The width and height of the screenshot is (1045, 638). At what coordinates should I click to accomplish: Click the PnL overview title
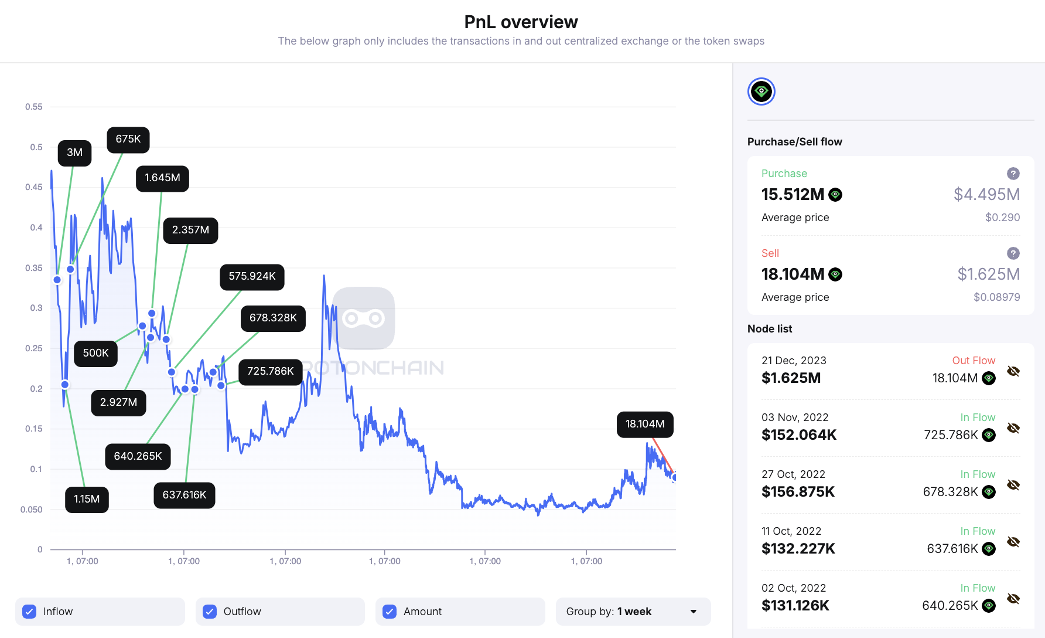pyautogui.click(x=521, y=22)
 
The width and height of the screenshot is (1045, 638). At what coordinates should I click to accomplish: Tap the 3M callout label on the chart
pyautogui.click(x=74, y=153)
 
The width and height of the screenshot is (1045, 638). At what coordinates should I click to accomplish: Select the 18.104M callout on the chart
pyautogui.click(x=644, y=424)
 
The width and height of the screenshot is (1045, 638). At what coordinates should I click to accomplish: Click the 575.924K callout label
pyautogui.click(x=252, y=276)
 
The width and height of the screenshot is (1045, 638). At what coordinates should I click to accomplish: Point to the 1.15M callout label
pyautogui.click(x=87, y=500)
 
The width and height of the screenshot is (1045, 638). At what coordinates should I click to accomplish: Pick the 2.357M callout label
pyautogui.click(x=190, y=230)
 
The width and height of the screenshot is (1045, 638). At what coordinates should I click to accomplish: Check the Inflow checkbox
pyautogui.click(x=29, y=612)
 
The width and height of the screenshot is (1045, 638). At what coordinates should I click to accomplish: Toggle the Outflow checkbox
pyautogui.click(x=210, y=612)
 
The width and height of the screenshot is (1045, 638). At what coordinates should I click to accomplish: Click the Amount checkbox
pyautogui.click(x=390, y=612)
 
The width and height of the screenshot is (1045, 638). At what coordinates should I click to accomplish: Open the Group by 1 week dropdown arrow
pyautogui.click(x=694, y=612)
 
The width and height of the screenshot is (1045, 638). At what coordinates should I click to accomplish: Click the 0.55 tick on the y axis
pyautogui.click(x=34, y=107)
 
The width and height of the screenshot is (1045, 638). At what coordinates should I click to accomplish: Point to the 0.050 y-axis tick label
pyautogui.click(x=32, y=510)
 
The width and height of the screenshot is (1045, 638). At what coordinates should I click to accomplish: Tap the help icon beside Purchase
pyautogui.click(x=1013, y=174)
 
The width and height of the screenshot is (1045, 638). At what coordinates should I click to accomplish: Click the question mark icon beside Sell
pyautogui.click(x=1013, y=253)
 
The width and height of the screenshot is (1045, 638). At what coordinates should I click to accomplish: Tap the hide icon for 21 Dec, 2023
pyautogui.click(x=1013, y=371)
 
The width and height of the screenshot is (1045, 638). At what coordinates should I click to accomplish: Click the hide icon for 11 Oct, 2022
pyautogui.click(x=1013, y=542)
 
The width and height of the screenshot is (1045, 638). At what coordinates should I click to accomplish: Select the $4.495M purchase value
pyautogui.click(x=986, y=195)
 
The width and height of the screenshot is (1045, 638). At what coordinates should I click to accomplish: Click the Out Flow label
pyautogui.click(x=974, y=361)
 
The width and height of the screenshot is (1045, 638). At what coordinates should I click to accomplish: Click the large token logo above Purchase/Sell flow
pyautogui.click(x=761, y=91)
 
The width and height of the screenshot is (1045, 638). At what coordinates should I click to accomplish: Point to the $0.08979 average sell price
pyautogui.click(x=996, y=297)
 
